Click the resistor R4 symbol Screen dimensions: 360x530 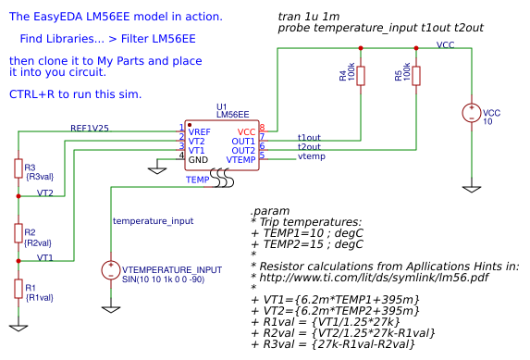coord(361,76)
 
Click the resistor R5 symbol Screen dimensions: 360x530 coord(416,76)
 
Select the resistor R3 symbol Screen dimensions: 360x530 coord(18,168)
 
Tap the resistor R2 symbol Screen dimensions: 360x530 coord(18,232)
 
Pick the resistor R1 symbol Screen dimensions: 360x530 coord(18,289)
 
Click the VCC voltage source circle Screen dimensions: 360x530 coord(472,114)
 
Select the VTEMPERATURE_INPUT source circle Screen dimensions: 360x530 coord(111,270)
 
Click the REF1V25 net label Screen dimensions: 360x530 coord(90,128)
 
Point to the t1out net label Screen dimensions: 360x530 coord(309,137)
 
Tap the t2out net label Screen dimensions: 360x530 coord(309,146)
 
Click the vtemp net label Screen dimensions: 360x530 coord(311,156)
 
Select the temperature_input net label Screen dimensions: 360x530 coord(153,221)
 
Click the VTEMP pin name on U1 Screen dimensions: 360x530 coord(240,160)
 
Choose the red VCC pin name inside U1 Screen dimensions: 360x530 coord(246,132)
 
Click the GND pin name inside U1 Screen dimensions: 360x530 coord(198,160)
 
